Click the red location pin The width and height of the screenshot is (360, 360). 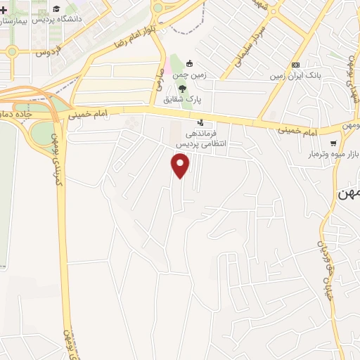[181, 165]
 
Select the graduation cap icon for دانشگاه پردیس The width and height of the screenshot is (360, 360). [56, 8]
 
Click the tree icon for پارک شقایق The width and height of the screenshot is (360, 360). [182, 89]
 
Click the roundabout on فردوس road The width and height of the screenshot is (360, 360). [12, 51]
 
